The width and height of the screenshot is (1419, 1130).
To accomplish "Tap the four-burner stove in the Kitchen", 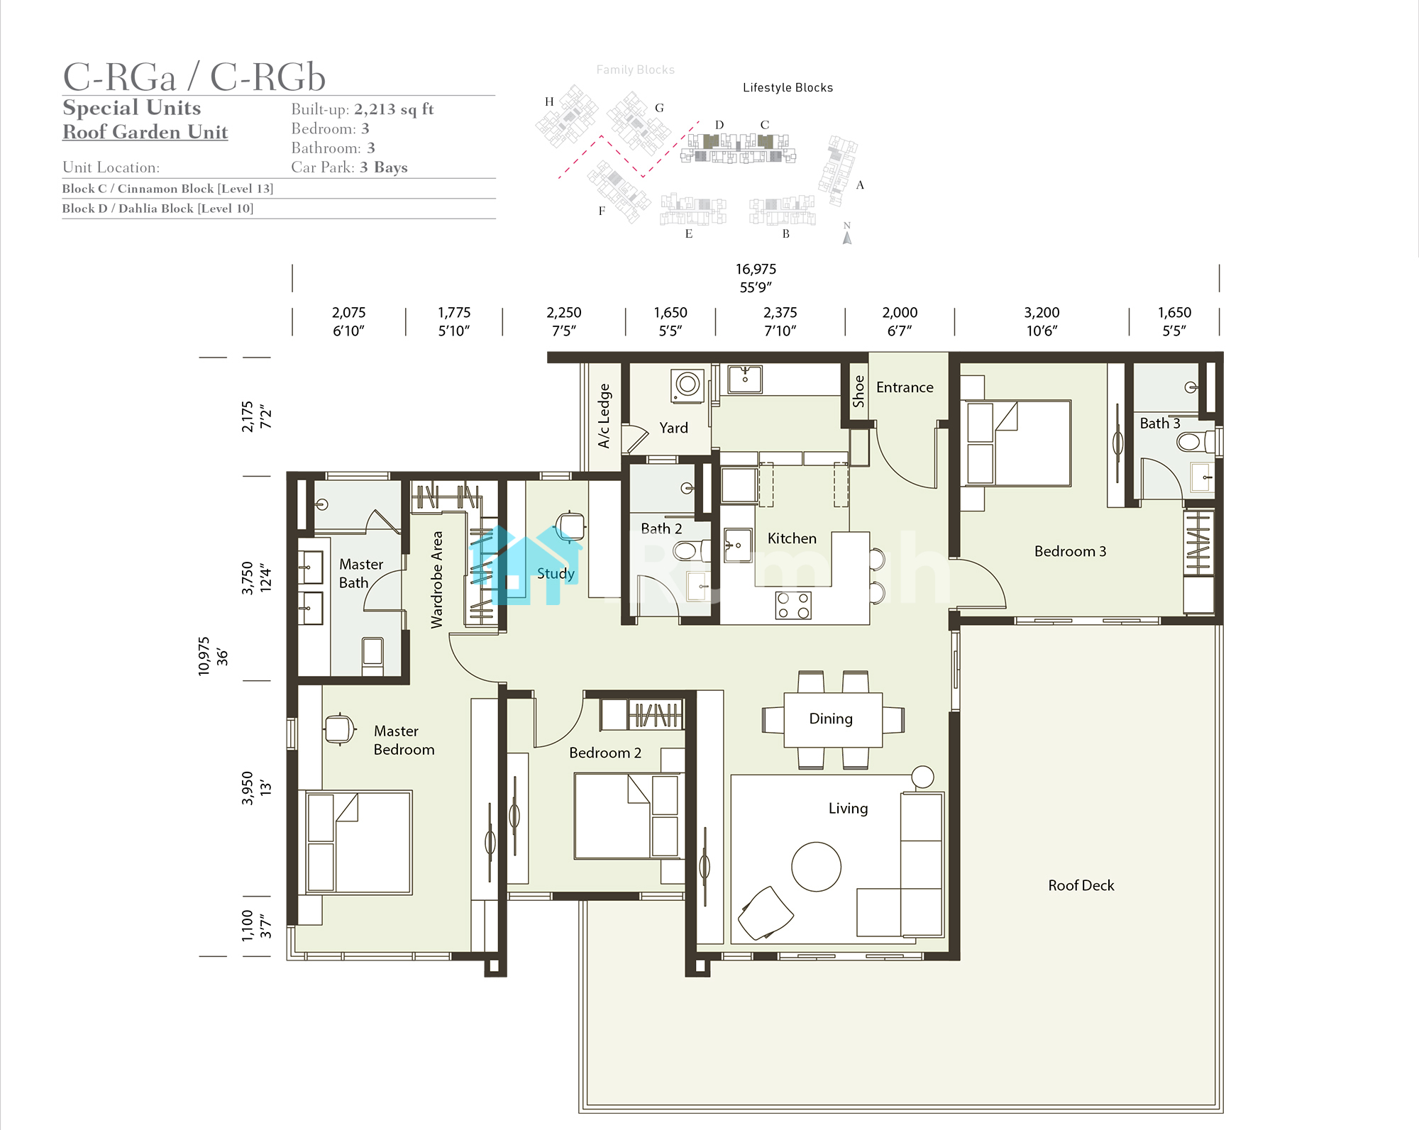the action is [x=793, y=605].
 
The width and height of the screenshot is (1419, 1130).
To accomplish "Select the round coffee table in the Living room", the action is [x=816, y=866].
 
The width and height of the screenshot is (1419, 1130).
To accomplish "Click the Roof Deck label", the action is [x=1081, y=885].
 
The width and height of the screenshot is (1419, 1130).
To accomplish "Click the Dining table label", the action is [x=831, y=719].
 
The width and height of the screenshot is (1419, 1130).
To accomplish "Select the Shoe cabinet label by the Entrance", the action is [x=858, y=392].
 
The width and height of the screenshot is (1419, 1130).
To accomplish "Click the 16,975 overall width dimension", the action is [x=756, y=269].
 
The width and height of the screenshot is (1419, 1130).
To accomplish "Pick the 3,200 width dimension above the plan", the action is [x=1042, y=312].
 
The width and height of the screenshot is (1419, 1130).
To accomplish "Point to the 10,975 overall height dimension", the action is [x=204, y=656].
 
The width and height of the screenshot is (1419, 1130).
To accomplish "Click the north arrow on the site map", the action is [x=846, y=237].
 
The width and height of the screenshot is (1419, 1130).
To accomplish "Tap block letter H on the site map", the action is [x=549, y=101].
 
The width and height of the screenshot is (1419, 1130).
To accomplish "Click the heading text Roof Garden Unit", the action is [x=145, y=132].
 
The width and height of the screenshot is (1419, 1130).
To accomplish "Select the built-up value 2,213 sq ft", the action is [x=394, y=109].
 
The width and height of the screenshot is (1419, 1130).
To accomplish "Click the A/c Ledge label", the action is [x=604, y=416].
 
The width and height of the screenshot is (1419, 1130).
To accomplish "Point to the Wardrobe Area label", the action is [x=436, y=580].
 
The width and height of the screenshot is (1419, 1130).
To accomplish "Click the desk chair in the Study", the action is [x=570, y=526].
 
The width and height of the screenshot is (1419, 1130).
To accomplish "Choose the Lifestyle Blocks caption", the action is [x=788, y=87].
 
